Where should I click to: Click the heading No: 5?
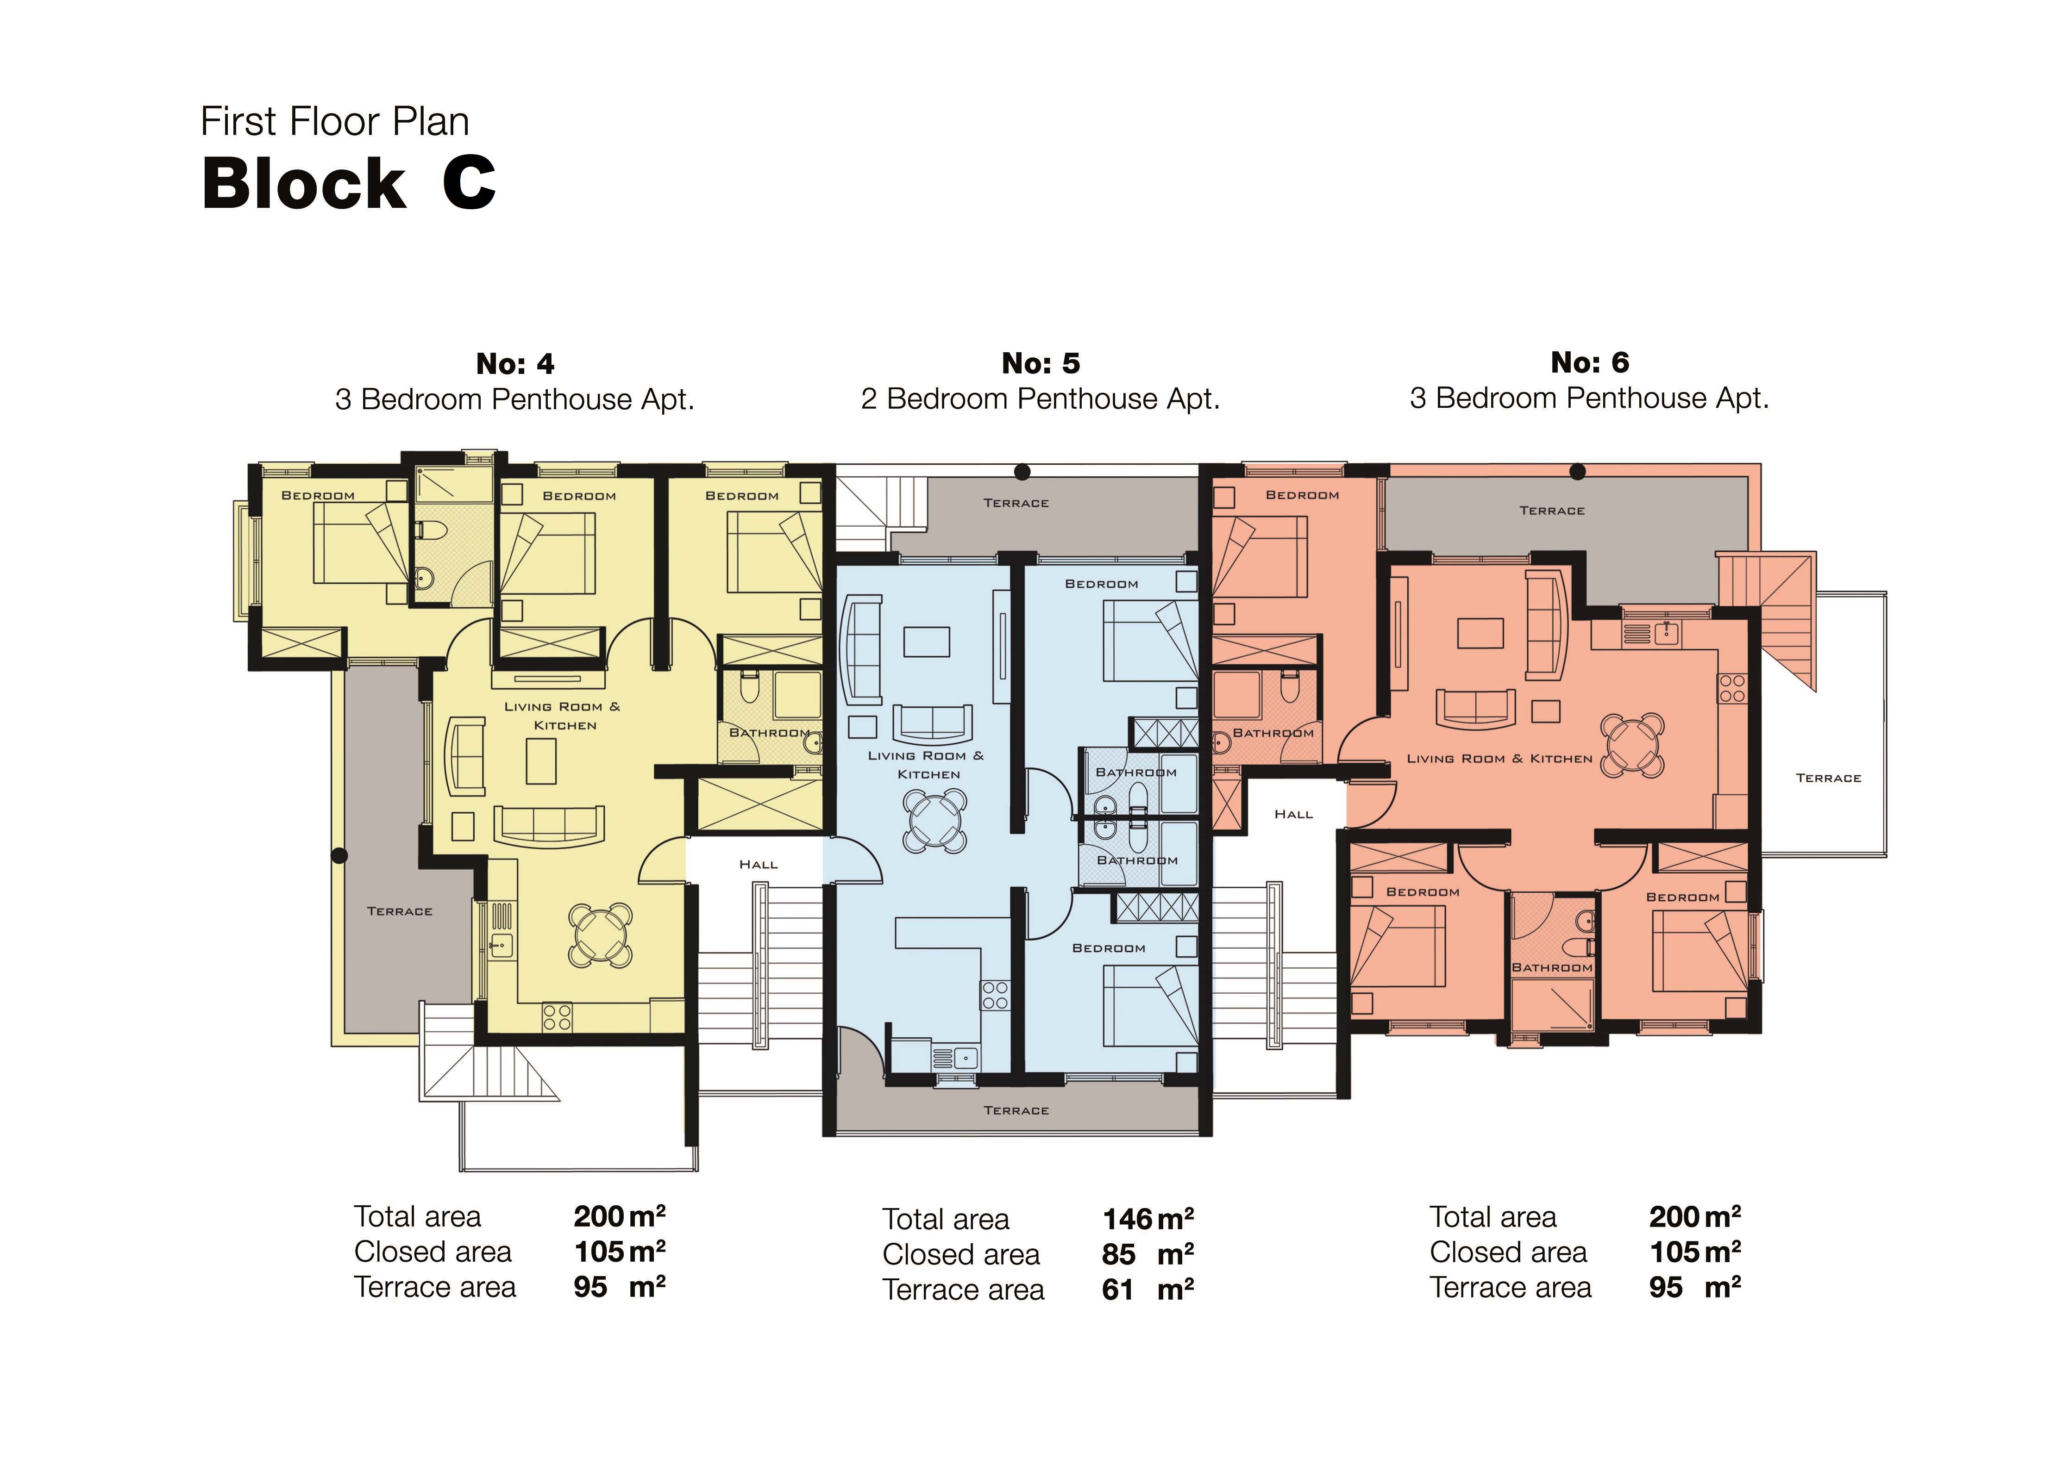point(1041,364)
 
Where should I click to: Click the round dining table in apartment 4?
point(600,935)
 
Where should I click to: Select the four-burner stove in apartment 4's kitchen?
point(557,1017)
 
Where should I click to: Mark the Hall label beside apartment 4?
point(759,864)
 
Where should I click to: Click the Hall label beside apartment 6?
point(1294,814)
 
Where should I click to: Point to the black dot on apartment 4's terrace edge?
point(339,855)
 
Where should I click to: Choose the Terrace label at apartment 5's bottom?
point(1016,1110)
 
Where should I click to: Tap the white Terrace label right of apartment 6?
point(1829,778)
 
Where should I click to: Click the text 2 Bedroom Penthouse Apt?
point(1041,399)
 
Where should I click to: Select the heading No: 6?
point(1589,363)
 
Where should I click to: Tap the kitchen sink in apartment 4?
point(501,945)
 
